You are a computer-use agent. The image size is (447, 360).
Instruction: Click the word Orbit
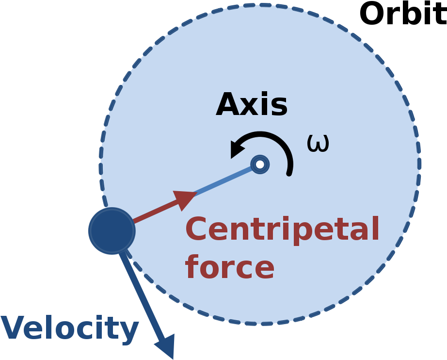click(x=403, y=14)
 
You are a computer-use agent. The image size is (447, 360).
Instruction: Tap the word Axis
click(x=252, y=104)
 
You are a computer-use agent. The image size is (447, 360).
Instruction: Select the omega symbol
click(x=318, y=143)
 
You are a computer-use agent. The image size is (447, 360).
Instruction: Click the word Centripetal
click(x=282, y=229)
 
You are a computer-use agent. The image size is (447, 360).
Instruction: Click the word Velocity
click(x=70, y=328)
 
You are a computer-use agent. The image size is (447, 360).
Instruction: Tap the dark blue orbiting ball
click(x=112, y=231)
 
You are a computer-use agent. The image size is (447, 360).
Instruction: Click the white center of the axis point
click(x=260, y=164)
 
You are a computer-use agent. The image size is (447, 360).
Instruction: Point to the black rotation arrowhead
click(x=237, y=148)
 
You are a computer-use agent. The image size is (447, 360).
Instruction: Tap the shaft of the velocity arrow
click(x=142, y=295)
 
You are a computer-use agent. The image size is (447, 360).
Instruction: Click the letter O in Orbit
click(x=372, y=14)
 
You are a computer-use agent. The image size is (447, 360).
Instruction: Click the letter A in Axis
click(x=228, y=104)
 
